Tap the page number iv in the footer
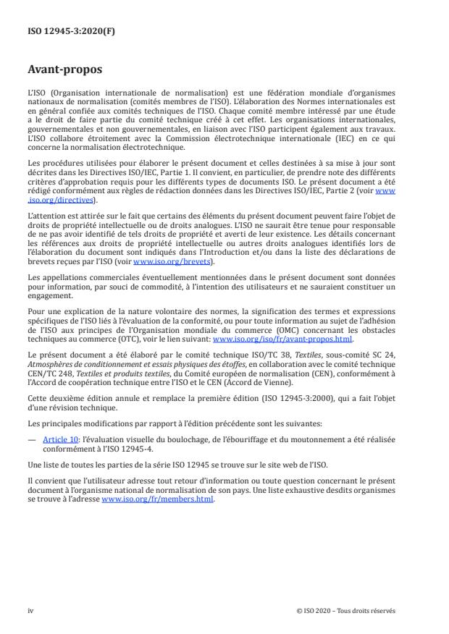click(30, 610)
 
